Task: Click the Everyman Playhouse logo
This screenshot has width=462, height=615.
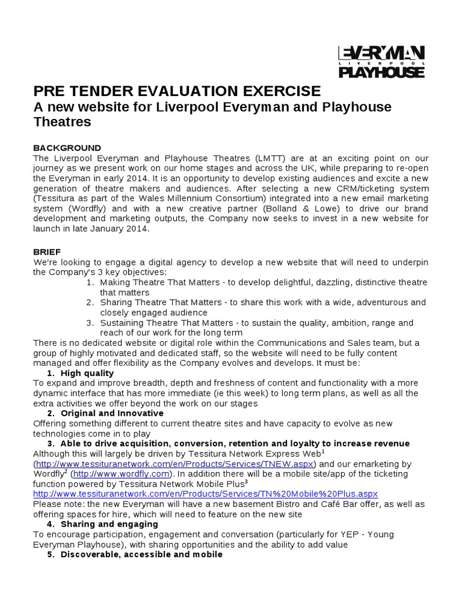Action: pos(382,62)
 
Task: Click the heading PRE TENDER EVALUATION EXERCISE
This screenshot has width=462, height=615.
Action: pos(177,91)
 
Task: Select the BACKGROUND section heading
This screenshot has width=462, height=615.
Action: pos(67,148)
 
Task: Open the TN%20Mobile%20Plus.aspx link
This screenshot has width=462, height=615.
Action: pos(205,493)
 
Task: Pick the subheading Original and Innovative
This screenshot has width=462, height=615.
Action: pos(111,413)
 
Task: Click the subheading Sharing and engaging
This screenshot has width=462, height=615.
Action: pos(109,524)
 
